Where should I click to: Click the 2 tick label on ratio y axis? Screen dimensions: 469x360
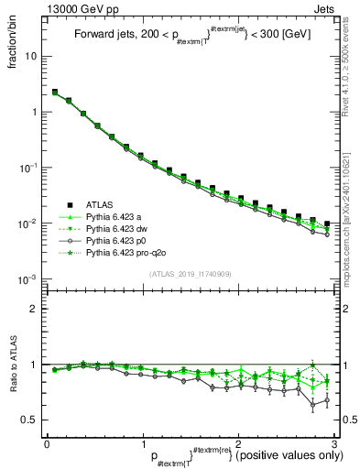tap(36, 309)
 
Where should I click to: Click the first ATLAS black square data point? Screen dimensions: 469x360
tap(55, 93)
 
